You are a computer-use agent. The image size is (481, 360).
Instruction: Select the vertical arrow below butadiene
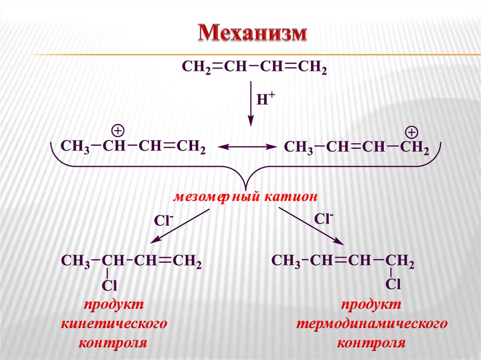click(x=251, y=104)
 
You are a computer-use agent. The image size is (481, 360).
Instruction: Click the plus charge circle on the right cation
click(x=411, y=131)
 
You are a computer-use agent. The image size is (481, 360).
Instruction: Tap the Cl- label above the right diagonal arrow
click(x=324, y=218)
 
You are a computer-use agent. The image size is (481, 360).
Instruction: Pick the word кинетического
click(x=115, y=324)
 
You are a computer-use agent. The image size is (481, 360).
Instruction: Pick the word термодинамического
click(x=371, y=324)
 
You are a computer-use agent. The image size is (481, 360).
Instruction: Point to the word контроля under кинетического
click(x=114, y=343)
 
